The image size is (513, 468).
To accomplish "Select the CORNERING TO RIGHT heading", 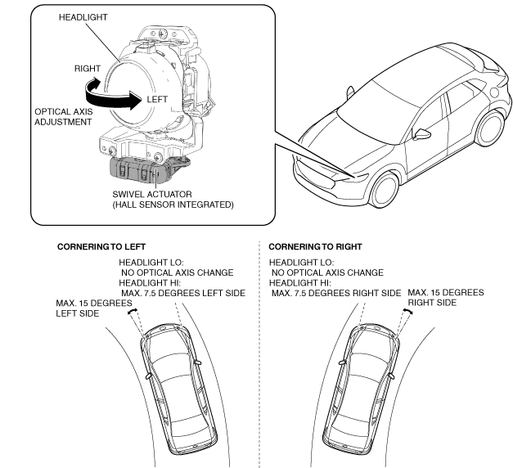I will [316, 246].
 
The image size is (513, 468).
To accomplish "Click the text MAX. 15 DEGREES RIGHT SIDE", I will [445, 297].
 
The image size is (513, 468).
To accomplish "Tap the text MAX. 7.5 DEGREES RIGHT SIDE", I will [335, 293].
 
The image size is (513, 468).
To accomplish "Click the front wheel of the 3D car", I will [385, 191].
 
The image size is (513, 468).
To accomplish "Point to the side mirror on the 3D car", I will [423, 133].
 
